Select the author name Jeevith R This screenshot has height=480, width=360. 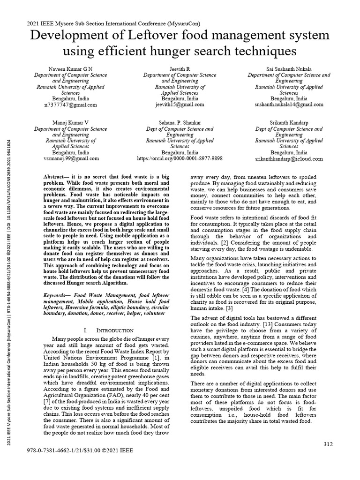click(x=180, y=69)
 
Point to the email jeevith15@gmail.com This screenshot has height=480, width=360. click(x=180, y=105)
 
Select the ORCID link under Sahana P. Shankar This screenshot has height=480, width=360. click(x=180, y=159)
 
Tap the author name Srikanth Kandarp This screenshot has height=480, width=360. click(x=289, y=122)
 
